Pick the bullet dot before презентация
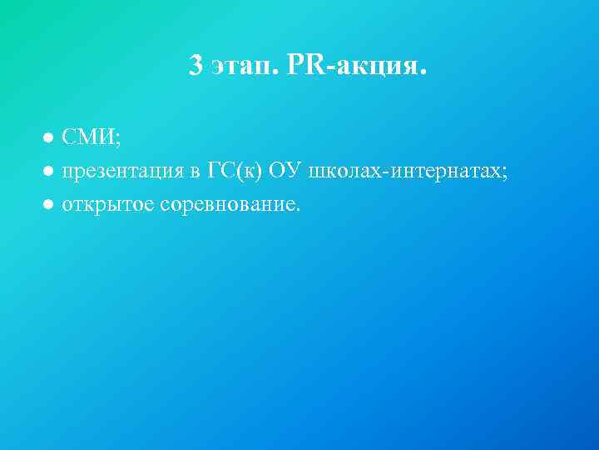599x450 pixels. pyautogui.click(x=50, y=171)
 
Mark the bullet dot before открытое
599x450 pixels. pyautogui.click(x=50, y=204)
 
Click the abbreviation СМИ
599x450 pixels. pyautogui.click(x=89, y=136)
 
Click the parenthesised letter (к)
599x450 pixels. pyautogui.click(x=248, y=171)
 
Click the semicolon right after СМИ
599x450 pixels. pyautogui.click(x=119, y=139)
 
